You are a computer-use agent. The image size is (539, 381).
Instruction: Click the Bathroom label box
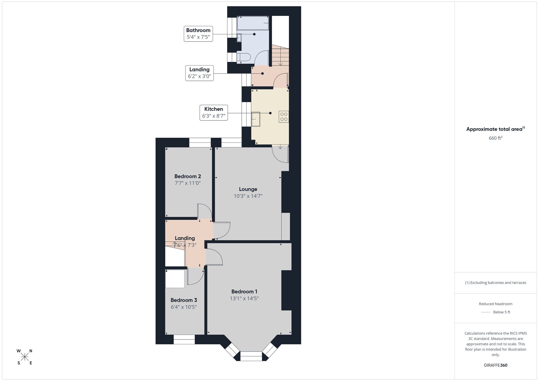coord(198,34)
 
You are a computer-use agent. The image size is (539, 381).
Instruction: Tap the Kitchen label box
coord(214,113)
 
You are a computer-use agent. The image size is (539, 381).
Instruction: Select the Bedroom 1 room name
coord(244,292)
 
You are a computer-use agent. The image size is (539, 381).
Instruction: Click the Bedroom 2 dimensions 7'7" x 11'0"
coord(188,183)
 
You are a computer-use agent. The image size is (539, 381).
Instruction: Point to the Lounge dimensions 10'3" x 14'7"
coord(248,196)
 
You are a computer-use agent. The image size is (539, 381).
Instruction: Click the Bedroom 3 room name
coord(184,300)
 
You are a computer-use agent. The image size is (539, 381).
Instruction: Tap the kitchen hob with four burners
coord(284,117)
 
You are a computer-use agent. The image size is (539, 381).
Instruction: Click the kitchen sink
coord(256,119)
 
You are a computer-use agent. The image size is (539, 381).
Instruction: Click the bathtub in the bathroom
coord(253,23)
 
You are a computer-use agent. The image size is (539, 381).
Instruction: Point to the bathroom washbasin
coord(239,38)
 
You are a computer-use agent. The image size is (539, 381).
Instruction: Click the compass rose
coord(25,357)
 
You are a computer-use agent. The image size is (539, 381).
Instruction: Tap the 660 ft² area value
coord(495,138)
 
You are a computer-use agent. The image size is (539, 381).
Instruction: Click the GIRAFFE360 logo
coord(495,365)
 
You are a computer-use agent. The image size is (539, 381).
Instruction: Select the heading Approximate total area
coord(494,129)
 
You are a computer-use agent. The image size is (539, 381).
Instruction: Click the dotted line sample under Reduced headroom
coord(485,312)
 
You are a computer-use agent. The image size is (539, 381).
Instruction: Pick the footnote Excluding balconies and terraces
coord(495,283)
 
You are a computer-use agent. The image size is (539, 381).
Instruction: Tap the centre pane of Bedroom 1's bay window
coord(251,356)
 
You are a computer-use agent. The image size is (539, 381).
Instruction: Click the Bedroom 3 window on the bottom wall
coord(184,340)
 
